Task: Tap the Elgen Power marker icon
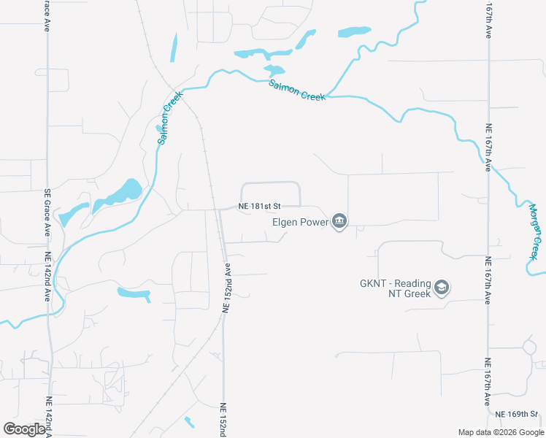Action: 339,220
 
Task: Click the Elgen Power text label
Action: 300,221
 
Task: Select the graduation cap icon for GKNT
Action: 441,288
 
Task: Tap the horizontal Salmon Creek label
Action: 296,91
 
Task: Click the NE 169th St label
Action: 520,414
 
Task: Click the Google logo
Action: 25,429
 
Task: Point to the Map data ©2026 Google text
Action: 501,432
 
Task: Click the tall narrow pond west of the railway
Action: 174,47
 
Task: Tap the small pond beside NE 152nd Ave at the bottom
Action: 190,422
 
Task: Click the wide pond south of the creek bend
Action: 134,293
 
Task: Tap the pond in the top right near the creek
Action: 353,32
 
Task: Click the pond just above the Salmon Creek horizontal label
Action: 274,71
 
